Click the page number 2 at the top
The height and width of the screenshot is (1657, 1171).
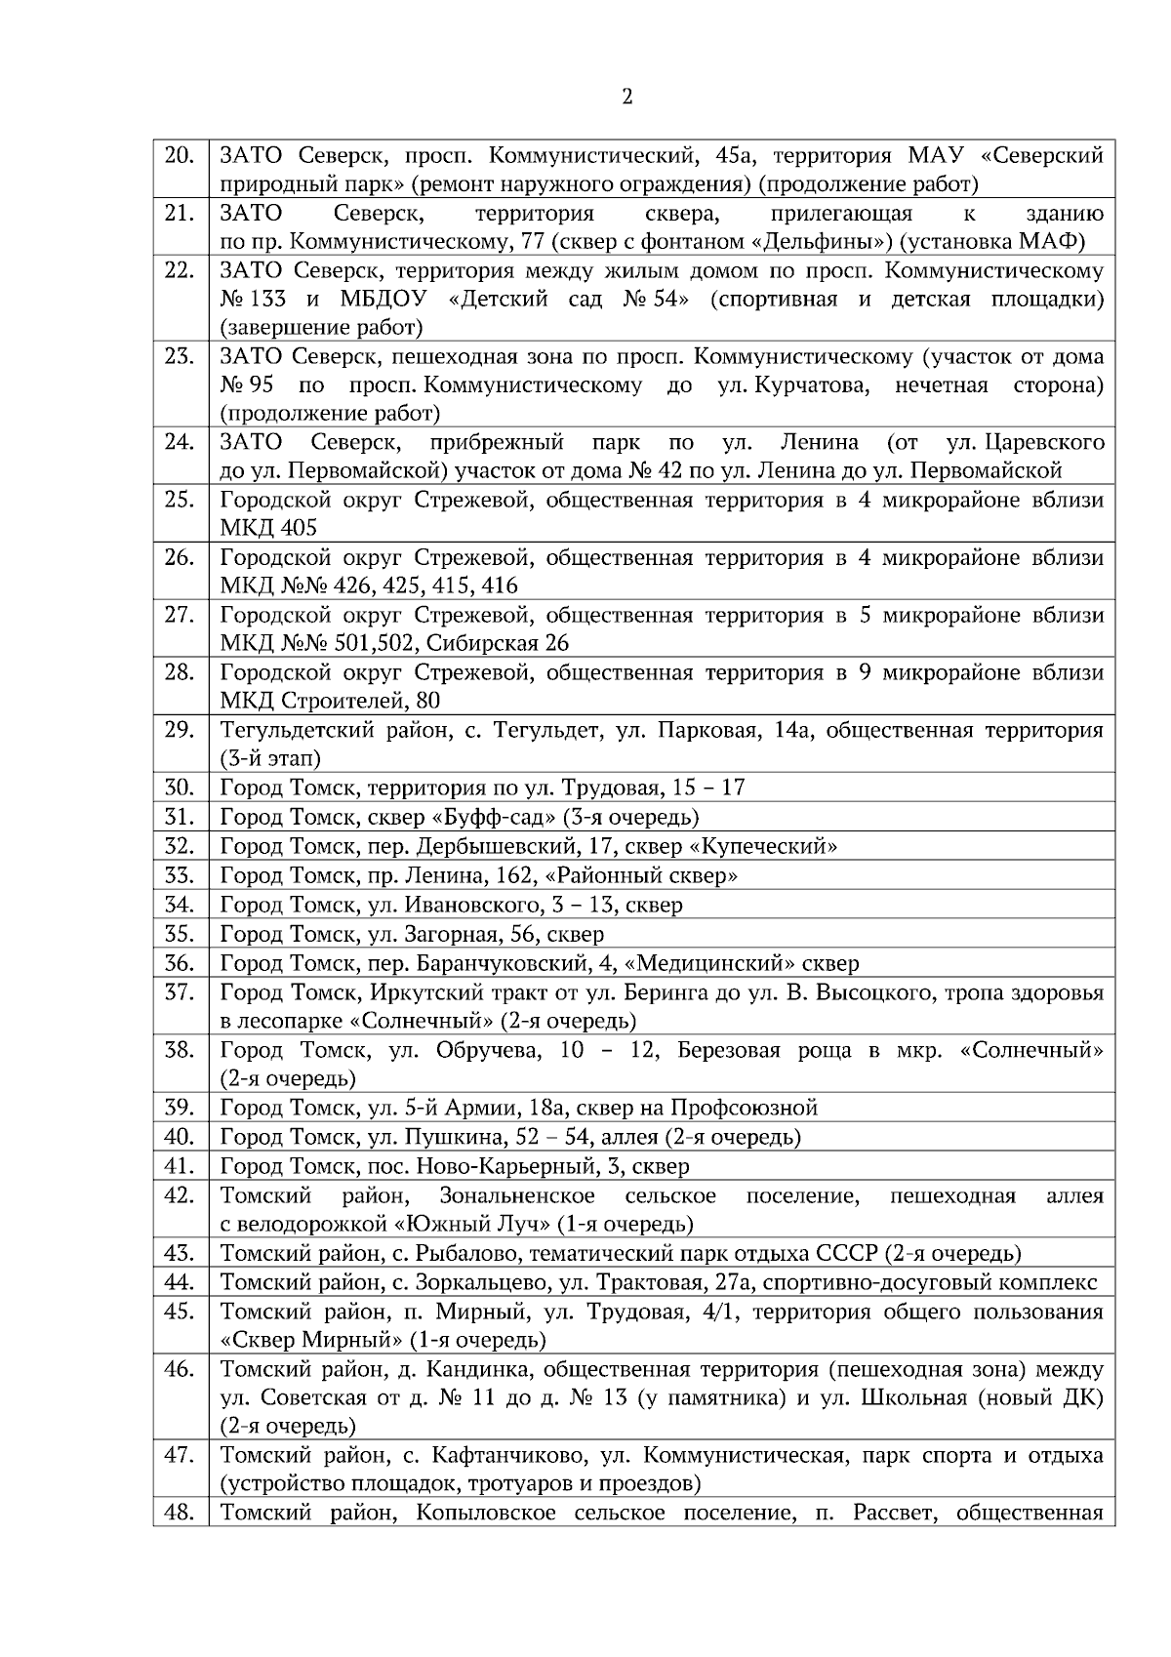[x=626, y=98]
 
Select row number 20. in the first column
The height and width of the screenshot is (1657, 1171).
[x=179, y=155]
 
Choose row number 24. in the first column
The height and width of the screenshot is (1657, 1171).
[x=179, y=442]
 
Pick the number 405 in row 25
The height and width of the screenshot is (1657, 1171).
[x=299, y=528]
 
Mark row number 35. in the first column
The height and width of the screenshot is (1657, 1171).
[x=179, y=934]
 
